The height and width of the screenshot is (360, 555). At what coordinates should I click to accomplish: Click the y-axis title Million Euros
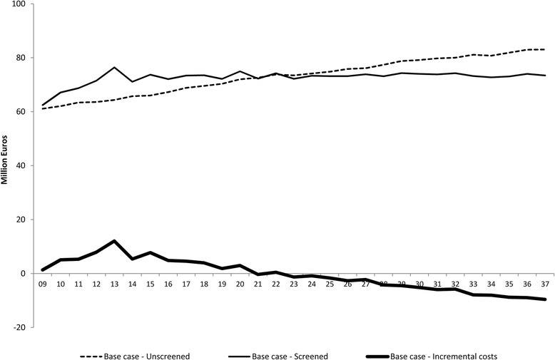pos(6,165)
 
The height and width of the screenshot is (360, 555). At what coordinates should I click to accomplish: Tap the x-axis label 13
pos(114,284)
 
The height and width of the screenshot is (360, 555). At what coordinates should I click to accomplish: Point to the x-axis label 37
pos(544,284)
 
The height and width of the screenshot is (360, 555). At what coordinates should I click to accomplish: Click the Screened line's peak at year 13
pos(114,67)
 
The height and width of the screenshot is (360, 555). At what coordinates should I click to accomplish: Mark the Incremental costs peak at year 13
pos(114,241)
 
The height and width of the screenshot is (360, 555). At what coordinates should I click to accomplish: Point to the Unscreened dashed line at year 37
pos(544,49)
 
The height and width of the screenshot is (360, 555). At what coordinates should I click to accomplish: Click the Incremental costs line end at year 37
pos(544,299)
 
